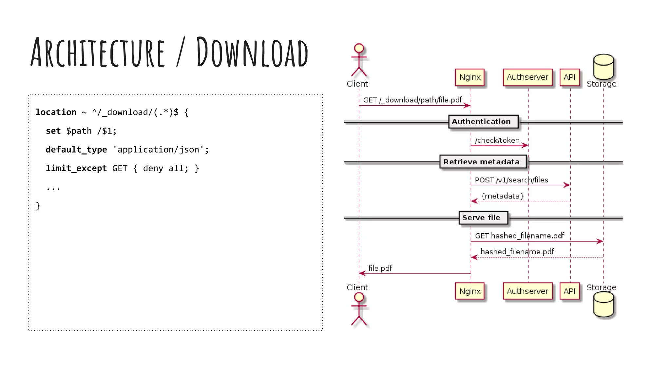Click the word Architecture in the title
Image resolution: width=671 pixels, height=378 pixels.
pyautogui.click(x=98, y=52)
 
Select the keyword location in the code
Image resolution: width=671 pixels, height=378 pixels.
pyautogui.click(x=56, y=112)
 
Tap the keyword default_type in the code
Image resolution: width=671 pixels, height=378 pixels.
pyautogui.click(x=76, y=150)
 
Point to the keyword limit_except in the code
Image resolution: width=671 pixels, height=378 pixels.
pyautogui.click(x=76, y=168)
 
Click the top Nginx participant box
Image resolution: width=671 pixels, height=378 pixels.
pyautogui.click(x=470, y=77)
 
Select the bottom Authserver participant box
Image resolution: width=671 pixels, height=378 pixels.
pyautogui.click(x=527, y=291)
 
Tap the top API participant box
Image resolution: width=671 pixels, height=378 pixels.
pyautogui.click(x=569, y=77)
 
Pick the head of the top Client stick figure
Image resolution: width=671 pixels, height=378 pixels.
pyautogui.click(x=359, y=48)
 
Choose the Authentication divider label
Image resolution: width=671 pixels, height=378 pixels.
pyautogui.click(x=481, y=122)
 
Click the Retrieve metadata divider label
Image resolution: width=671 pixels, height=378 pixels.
pyautogui.click(x=482, y=162)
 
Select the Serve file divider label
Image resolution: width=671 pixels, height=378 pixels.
pyautogui.click(x=481, y=218)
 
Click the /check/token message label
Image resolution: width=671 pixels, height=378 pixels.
pyautogui.click(x=497, y=140)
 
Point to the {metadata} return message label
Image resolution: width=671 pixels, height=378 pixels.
pyautogui.click(x=503, y=196)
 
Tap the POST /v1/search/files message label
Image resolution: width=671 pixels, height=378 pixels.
pyautogui.click(x=511, y=180)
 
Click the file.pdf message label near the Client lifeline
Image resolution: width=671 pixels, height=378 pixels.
pyautogui.click(x=380, y=268)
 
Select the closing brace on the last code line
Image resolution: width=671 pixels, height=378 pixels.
pyautogui.click(x=38, y=206)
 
